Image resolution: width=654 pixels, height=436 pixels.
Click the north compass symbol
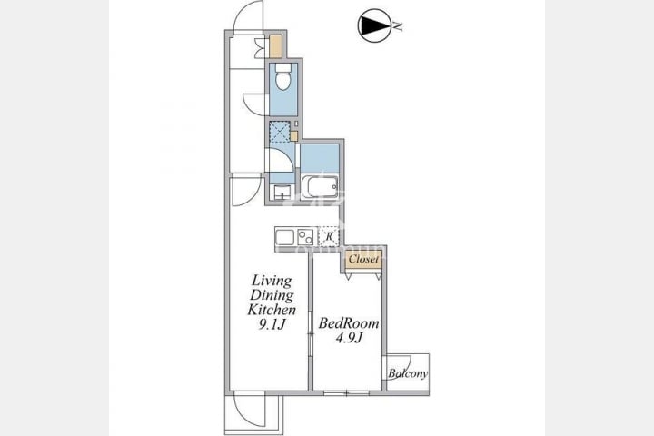pos(374,25)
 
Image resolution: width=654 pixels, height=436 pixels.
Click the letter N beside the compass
pos(399,26)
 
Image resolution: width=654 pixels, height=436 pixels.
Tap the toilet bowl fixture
pos(283,77)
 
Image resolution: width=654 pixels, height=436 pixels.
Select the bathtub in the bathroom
pos(320,186)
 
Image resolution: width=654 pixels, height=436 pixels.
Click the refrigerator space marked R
pos(329,236)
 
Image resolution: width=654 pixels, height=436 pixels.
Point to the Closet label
pos(363,259)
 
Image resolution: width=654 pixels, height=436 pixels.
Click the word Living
pos(272,281)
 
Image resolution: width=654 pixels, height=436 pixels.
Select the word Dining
pos(272,295)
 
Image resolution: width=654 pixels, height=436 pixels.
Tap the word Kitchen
pos(272,310)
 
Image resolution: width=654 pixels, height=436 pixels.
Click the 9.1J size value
pos(272,324)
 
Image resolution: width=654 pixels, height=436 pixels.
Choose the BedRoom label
pos(349,323)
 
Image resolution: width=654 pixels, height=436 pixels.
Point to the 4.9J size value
pos(349,338)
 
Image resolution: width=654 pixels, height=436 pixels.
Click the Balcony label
pos(408,373)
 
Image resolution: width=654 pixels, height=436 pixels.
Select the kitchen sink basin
pos(285,237)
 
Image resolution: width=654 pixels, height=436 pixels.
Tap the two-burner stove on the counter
pos(306,237)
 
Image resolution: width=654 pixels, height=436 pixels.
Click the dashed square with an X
pos(279,132)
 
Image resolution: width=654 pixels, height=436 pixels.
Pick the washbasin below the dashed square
pos(282,193)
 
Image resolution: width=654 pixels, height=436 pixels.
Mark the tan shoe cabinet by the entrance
pos(276,46)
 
